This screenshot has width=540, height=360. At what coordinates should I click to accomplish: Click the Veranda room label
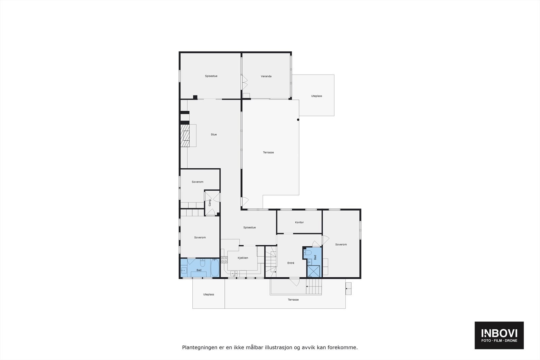click(266, 76)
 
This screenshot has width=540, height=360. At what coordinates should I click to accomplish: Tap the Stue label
click(214, 135)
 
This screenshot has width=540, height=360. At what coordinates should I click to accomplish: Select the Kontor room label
click(299, 222)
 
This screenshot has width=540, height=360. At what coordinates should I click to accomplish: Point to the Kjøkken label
click(243, 258)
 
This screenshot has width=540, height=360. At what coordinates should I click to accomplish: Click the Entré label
click(291, 263)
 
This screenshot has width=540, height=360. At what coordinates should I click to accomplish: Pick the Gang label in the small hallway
click(210, 203)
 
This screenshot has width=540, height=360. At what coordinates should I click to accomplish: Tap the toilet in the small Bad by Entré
click(307, 253)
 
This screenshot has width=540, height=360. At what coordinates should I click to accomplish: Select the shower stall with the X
click(314, 271)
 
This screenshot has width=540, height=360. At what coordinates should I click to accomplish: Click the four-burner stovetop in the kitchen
click(224, 259)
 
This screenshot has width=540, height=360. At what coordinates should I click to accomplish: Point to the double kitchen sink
click(234, 274)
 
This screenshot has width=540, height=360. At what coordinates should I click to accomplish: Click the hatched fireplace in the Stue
click(185, 136)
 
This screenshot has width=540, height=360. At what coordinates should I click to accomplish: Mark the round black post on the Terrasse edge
click(298, 119)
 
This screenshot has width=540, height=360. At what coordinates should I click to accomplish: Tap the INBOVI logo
click(499, 335)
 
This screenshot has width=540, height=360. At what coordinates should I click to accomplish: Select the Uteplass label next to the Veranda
click(317, 96)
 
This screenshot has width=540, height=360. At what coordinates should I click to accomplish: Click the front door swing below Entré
click(295, 282)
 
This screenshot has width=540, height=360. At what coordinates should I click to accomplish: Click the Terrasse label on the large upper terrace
click(268, 153)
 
